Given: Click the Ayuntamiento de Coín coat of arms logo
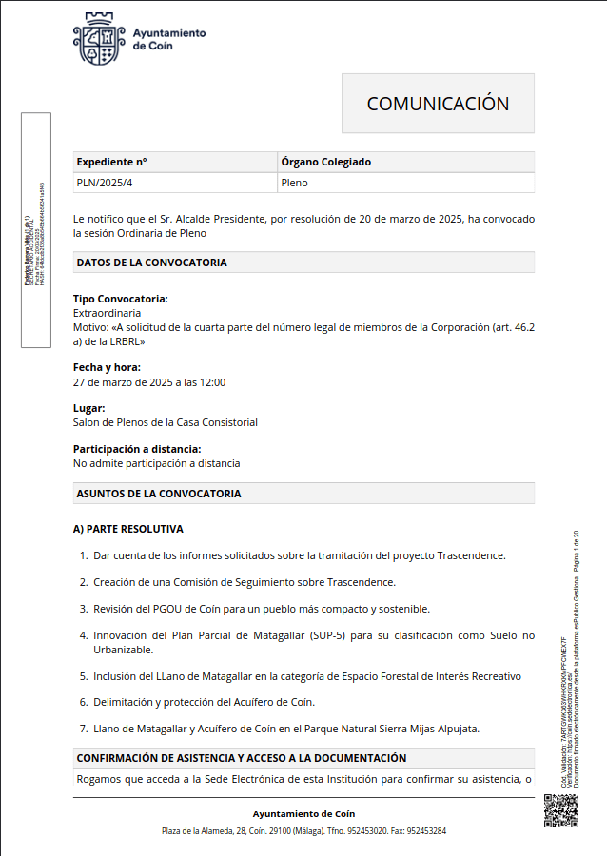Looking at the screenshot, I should tap(99, 40).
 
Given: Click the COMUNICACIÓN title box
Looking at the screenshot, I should tap(438, 104).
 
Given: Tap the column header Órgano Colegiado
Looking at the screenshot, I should tap(325, 162).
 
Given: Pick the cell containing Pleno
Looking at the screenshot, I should tap(294, 182).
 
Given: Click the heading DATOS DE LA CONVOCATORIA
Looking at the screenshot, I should tap(151, 263).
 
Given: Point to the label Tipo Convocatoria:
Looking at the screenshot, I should tap(121, 299).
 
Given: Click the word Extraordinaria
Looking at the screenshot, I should tap(108, 312).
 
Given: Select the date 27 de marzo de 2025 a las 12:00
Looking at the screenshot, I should tap(149, 382).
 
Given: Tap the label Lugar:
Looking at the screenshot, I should tap(89, 408).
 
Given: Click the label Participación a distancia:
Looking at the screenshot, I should tap(137, 449).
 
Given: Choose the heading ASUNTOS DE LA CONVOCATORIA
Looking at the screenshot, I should tap(159, 494).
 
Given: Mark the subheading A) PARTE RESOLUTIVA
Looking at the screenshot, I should tap(128, 529).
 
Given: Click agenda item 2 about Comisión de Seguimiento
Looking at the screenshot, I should tap(244, 582).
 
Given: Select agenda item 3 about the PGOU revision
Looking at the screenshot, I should tap(261, 609).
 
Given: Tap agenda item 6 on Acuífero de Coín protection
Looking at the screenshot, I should tap(204, 702).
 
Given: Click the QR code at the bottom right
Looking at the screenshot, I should tap(560, 810).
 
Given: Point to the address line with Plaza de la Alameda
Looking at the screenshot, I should tap(303, 831).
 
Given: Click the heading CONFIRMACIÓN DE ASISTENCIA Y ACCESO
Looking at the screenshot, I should tap(242, 758).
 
